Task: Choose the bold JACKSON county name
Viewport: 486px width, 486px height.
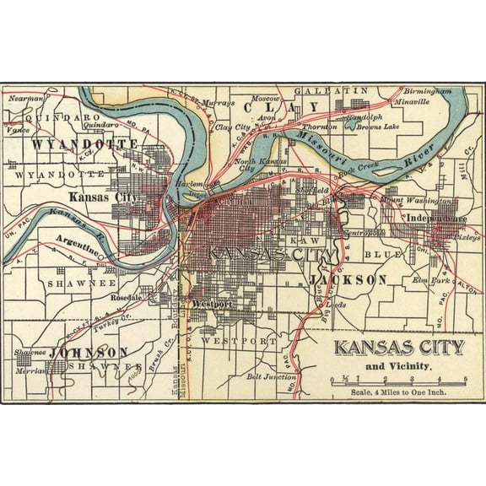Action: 348,278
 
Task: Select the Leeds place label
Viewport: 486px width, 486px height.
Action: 335,305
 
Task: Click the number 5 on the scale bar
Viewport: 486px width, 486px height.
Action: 465,377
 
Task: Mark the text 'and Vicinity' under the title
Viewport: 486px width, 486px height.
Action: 398,366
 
